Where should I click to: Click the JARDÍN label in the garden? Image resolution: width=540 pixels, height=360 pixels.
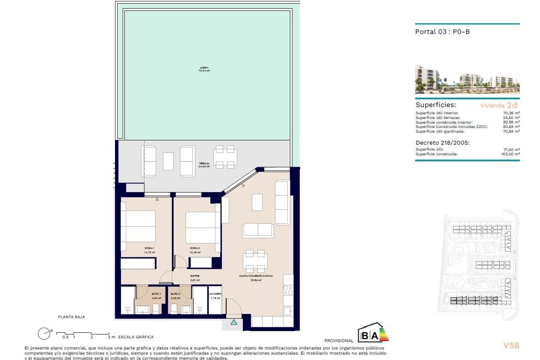point(204,69)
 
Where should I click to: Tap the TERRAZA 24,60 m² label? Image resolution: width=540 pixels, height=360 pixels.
point(204,165)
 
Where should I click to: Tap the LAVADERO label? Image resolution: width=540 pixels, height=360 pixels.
point(215,294)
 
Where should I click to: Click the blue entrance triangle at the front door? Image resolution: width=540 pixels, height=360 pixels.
point(234,322)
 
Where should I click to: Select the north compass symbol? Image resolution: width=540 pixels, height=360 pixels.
point(44,334)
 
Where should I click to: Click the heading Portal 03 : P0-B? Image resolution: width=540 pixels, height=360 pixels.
point(442,32)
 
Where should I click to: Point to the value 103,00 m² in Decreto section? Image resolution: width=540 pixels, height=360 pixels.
point(510,154)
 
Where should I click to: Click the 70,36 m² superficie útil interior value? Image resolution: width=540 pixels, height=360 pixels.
point(511,113)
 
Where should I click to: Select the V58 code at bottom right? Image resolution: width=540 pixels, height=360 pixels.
point(511,345)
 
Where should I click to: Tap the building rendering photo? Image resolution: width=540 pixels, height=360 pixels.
point(467,80)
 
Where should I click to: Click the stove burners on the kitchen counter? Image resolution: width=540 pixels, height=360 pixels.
point(288,290)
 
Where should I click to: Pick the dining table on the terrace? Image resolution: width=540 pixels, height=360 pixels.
point(225,157)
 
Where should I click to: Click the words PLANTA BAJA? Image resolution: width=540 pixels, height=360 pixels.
point(71,317)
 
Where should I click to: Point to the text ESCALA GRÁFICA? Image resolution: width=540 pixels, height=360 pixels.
point(136,337)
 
